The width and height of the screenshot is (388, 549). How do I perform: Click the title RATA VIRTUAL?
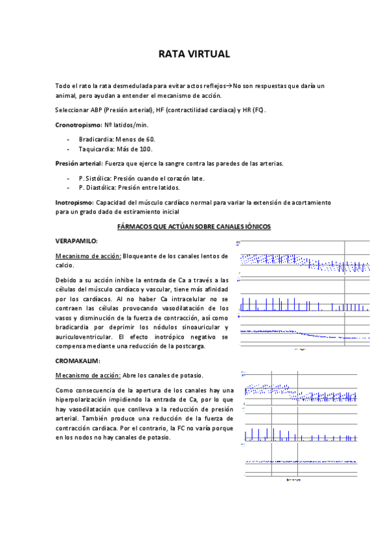pyautogui.click(x=194, y=54)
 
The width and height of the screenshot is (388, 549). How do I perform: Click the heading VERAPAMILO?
pyautogui.click(x=76, y=240)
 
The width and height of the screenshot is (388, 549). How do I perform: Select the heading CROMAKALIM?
pyautogui.click(x=78, y=360)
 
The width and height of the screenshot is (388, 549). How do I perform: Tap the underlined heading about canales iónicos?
pyautogui.click(x=193, y=227)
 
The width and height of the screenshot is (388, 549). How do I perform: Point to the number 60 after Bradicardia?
pyautogui.click(x=150, y=139)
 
